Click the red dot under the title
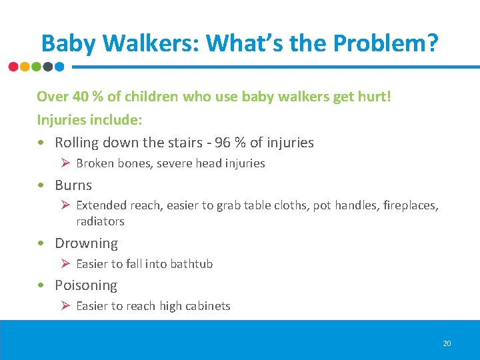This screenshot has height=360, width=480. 14,67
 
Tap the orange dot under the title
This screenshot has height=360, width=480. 25,67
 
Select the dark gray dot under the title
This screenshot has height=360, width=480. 47,67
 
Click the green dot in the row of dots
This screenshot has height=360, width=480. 36,67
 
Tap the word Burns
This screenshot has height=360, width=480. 73,185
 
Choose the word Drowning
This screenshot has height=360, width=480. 86,243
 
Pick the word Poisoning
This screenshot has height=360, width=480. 86,285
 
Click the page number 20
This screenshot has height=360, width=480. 447,343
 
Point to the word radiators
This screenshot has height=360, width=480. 100,221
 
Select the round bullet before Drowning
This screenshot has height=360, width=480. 42,243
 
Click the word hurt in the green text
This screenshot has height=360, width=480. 375,97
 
